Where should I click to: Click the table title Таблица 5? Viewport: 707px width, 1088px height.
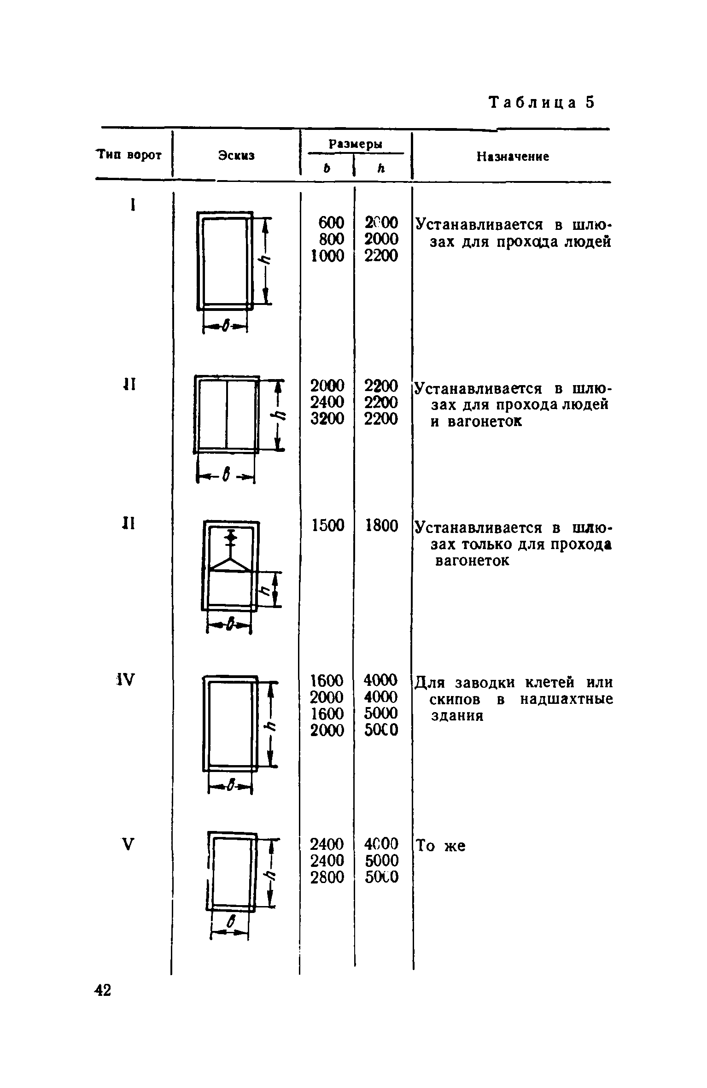542,102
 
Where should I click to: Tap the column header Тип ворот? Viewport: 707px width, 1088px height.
129,155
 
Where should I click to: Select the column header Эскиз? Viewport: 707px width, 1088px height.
236,155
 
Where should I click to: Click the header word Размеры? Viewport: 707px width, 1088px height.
355,144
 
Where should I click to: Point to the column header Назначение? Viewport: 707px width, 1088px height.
513,157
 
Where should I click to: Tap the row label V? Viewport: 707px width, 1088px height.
129,844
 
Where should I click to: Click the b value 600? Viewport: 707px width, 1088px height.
331,223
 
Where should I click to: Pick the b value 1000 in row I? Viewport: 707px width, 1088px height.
327,256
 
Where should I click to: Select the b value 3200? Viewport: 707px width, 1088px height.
327,419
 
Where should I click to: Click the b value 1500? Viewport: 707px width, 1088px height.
327,526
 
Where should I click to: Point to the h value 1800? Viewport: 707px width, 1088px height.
381,526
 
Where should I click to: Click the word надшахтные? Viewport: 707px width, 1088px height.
567,700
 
